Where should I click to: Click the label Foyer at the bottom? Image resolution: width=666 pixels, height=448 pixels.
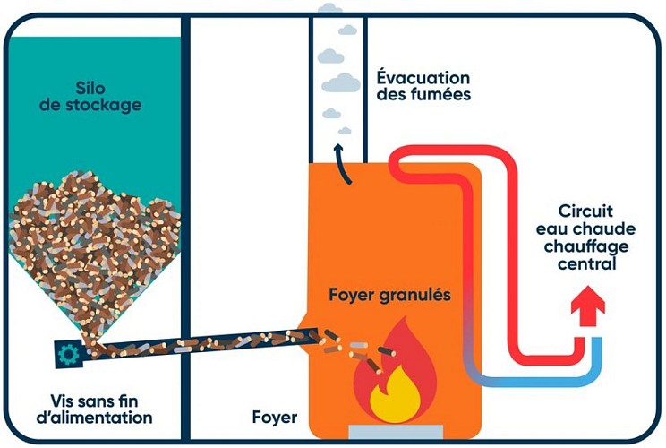pos(274,418)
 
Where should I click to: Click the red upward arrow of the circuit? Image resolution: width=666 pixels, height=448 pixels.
pos(587,310)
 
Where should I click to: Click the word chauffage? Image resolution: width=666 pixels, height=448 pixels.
pos(586,246)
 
